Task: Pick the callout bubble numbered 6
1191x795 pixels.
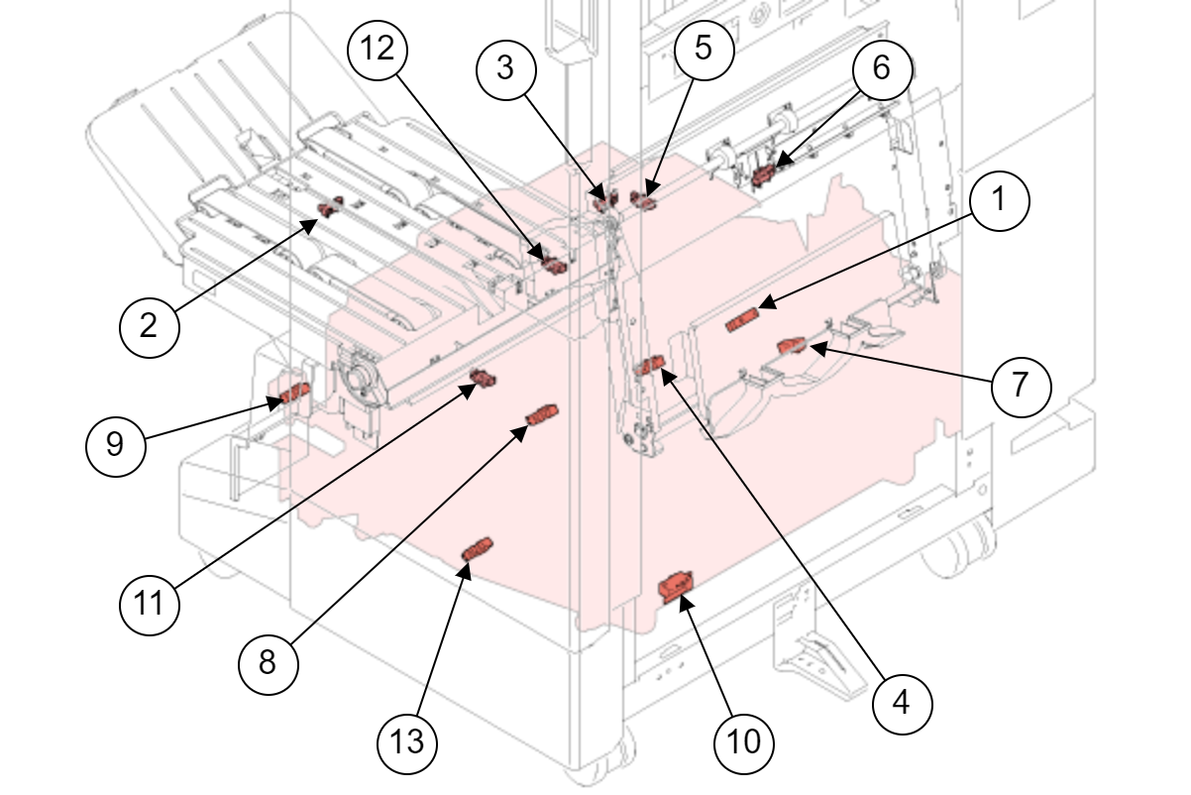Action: coord(881,68)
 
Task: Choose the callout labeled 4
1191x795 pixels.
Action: coord(901,702)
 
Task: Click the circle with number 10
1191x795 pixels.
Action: coord(744,740)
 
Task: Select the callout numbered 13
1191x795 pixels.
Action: coord(407,740)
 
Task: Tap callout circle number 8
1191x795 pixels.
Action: coord(268,661)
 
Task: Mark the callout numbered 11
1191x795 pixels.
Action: coord(150,602)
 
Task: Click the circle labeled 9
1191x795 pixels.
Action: coord(115,444)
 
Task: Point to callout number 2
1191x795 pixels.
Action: coord(149,324)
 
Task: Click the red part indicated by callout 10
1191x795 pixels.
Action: coord(677,588)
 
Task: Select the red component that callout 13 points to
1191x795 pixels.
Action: coord(478,548)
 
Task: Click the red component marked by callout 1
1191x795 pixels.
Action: coord(742,320)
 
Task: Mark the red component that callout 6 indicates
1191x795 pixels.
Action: coord(763,176)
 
